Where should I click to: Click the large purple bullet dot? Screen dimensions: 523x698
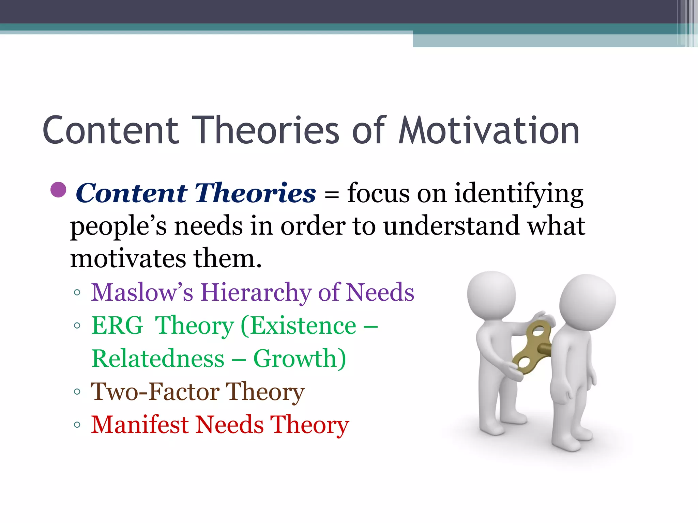point(58,190)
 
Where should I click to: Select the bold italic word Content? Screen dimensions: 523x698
point(132,193)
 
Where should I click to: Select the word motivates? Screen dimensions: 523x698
point(128,259)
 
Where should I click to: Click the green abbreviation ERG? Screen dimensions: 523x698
point(117,326)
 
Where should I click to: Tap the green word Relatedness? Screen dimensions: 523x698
point(158,359)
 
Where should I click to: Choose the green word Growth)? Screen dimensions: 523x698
point(300,359)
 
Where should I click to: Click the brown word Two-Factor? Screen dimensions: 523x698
point(155,392)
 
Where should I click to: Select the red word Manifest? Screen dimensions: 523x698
point(140,425)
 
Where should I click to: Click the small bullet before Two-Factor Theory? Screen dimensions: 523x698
point(77,392)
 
